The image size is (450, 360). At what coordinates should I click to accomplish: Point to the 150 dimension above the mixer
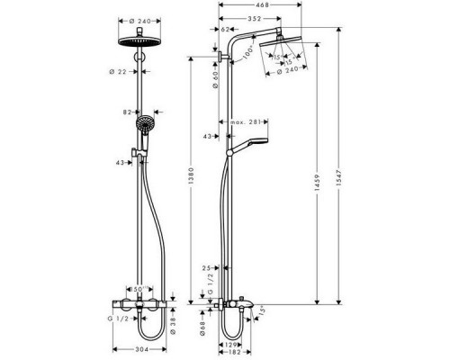tap(139, 290)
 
